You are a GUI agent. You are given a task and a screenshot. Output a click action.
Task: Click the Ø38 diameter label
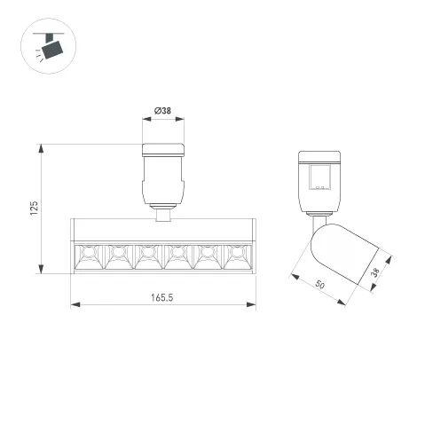point(163,111)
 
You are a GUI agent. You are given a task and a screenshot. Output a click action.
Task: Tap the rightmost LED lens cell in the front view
point(235,256)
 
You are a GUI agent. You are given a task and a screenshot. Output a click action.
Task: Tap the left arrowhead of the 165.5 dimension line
point(75,305)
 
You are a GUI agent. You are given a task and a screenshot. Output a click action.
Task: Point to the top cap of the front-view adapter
point(162,148)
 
